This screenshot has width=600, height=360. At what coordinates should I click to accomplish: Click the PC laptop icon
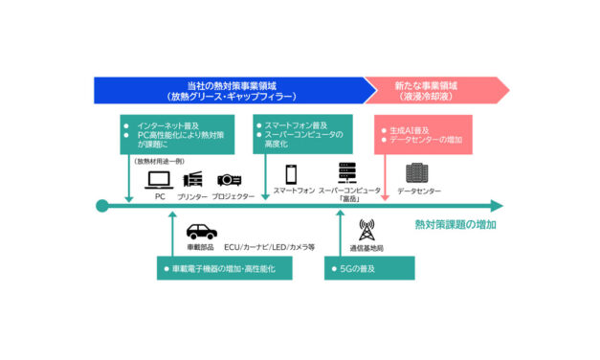click(x=161, y=178)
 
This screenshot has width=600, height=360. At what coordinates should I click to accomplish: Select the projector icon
click(x=229, y=178)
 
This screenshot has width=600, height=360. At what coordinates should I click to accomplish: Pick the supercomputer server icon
click(x=347, y=173)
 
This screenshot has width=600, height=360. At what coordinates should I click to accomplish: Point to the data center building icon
click(x=417, y=173)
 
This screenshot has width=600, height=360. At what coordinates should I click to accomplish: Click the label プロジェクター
click(x=233, y=195)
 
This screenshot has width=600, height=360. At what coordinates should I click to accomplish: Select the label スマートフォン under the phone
click(x=294, y=191)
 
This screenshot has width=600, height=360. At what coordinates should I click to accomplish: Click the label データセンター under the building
click(x=418, y=191)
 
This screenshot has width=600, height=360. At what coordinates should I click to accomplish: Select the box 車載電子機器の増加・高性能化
click(x=220, y=269)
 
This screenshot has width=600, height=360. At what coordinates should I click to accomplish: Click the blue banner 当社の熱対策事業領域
click(x=230, y=90)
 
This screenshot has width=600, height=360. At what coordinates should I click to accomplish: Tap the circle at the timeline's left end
click(x=100, y=205)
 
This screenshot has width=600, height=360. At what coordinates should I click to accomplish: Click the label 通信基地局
click(x=367, y=247)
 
